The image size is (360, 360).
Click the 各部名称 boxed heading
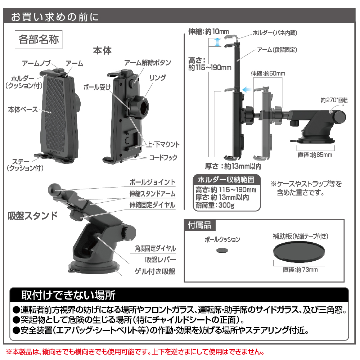[x=39, y=40]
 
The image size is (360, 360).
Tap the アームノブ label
[x=36, y=63]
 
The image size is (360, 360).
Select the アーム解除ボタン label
[x=148, y=62]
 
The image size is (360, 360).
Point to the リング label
[x=158, y=78]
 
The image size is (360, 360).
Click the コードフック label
[x=163, y=158]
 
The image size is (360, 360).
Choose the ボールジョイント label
[x=152, y=182]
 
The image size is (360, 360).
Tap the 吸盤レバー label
[x=160, y=260]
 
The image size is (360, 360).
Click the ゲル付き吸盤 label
[x=155, y=271]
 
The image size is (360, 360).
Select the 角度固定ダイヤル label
[x=155, y=248]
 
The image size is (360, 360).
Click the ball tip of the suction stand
[x=55, y=189]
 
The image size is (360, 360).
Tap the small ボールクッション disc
[x=222, y=250]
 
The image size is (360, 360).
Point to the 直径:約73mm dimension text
[x=300, y=270]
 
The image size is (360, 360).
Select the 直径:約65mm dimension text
[x=315, y=155]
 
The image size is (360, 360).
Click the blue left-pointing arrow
[x=247, y=89]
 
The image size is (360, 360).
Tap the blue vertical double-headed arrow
[x=217, y=42]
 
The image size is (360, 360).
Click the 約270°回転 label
[x=334, y=100]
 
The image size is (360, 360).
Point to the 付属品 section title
[x=199, y=225]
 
